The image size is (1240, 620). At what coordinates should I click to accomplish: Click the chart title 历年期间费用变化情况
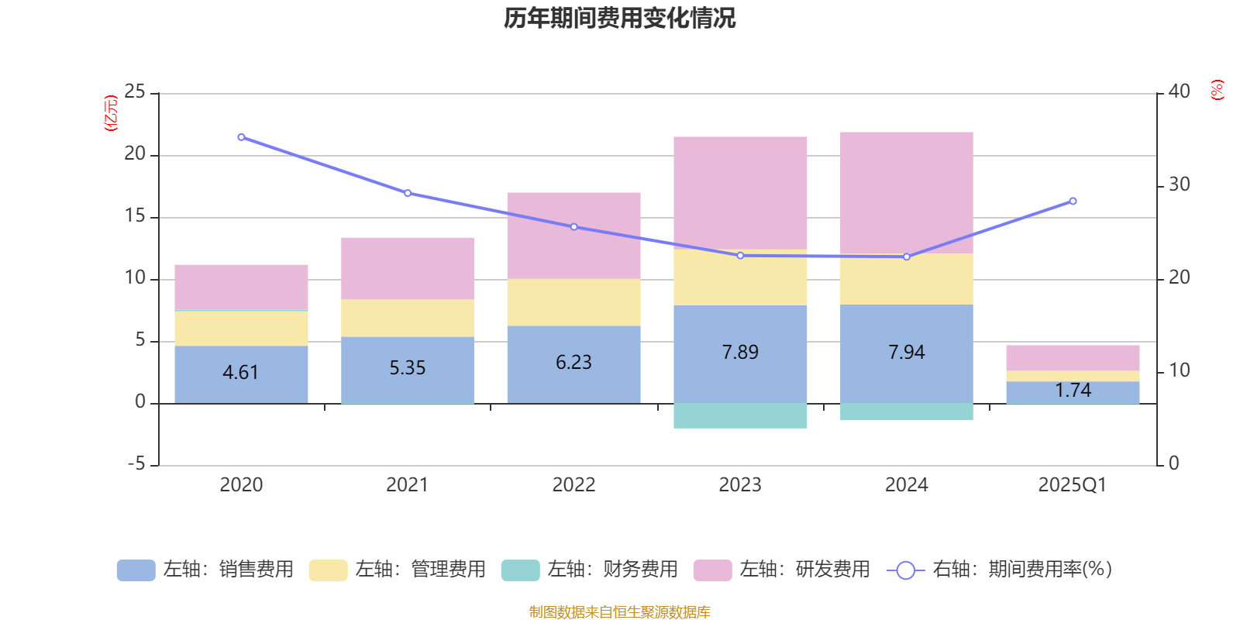click(619, 18)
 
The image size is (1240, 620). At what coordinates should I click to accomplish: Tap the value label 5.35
click(407, 368)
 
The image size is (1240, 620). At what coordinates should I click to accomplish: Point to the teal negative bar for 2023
click(740, 416)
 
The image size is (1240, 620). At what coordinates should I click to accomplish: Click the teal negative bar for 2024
click(906, 412)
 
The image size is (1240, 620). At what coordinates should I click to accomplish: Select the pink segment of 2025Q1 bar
click(1073, 357)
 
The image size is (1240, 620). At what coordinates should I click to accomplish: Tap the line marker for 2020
click(241, 137)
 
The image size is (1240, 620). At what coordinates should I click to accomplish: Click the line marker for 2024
click(906, 257)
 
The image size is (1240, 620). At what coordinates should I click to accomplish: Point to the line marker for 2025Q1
click(1073, 201)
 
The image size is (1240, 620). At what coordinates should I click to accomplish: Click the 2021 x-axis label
click(407, 485)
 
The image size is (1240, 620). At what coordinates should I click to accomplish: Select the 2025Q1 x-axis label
click(1072, 485)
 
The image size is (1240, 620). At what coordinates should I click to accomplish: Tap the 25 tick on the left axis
click(135, 92)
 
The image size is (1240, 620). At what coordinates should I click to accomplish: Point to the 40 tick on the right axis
click(1179, 92)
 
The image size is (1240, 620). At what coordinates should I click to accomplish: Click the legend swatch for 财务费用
click(520, 570)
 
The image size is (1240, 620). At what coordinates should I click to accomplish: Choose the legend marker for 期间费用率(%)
click(905, 570)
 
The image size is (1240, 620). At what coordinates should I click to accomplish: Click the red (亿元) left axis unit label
click(112, 113)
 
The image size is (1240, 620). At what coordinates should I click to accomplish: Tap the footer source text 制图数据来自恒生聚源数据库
click(619, 612)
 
